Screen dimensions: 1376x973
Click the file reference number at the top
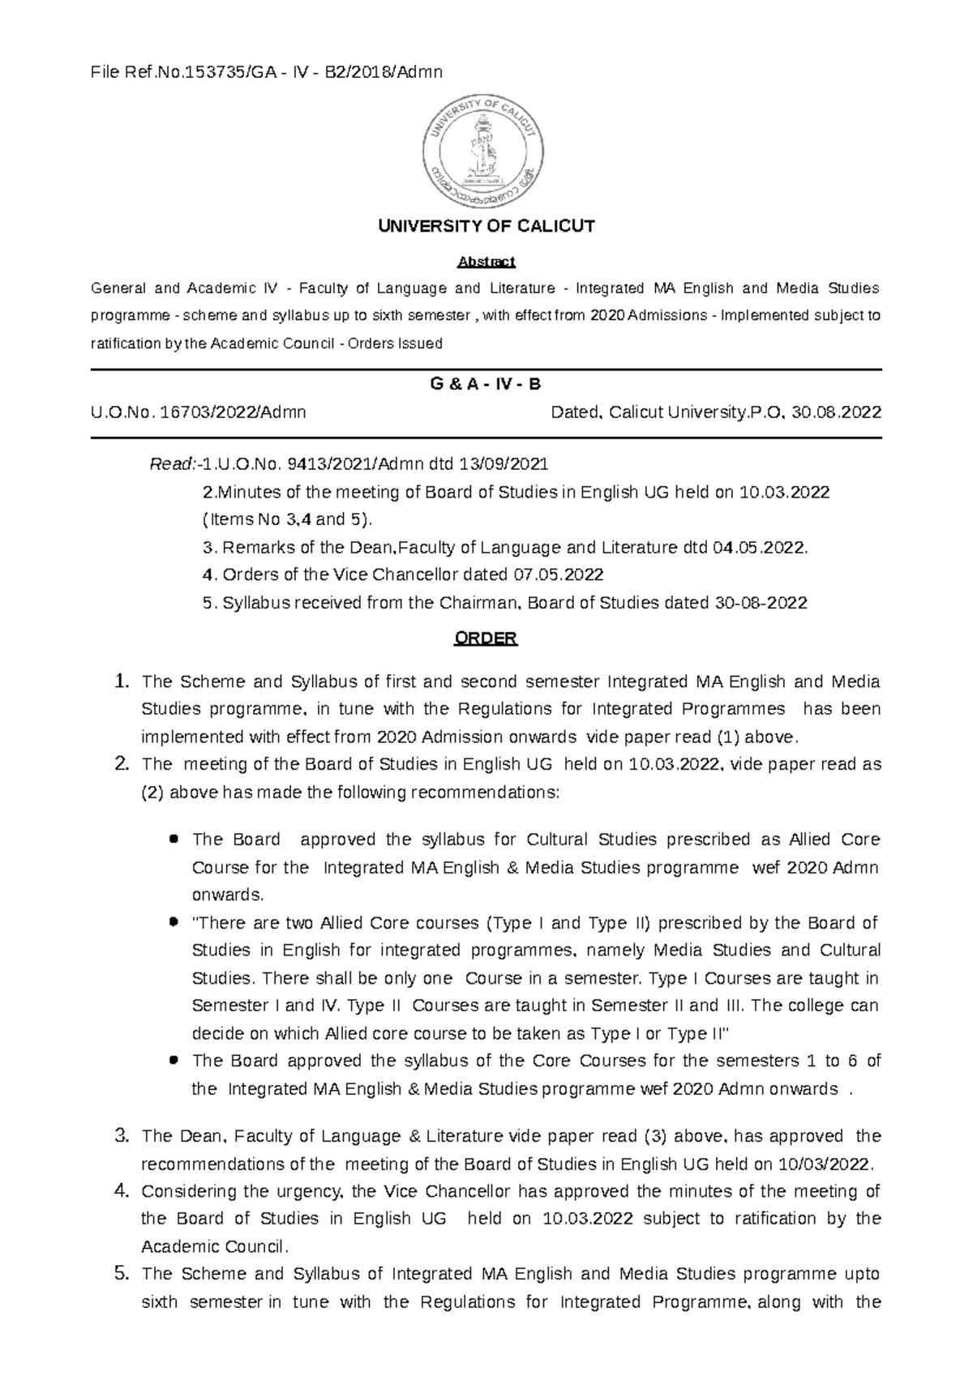[x=267, y=72]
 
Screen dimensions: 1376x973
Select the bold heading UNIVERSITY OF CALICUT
[x=486, y=226]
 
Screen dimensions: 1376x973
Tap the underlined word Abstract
[x=486, y=262]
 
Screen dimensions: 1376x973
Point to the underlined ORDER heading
[x=486, y=639]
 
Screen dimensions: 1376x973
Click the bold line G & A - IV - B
[x=486, y=384]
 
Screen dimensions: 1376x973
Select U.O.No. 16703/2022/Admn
[x=199, y=412]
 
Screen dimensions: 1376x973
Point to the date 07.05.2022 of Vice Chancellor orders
[x=559, y=575]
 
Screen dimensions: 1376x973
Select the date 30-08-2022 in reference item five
[x=761, y=603]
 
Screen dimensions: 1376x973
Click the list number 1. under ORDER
[x=122, y=682]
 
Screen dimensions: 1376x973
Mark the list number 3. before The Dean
[x=122, y=1136]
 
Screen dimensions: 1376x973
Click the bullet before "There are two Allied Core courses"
[x=173, y=922]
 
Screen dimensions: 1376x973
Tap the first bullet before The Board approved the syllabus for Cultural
[x=173, y=840]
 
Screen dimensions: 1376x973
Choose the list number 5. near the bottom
[x=122, y=1274]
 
